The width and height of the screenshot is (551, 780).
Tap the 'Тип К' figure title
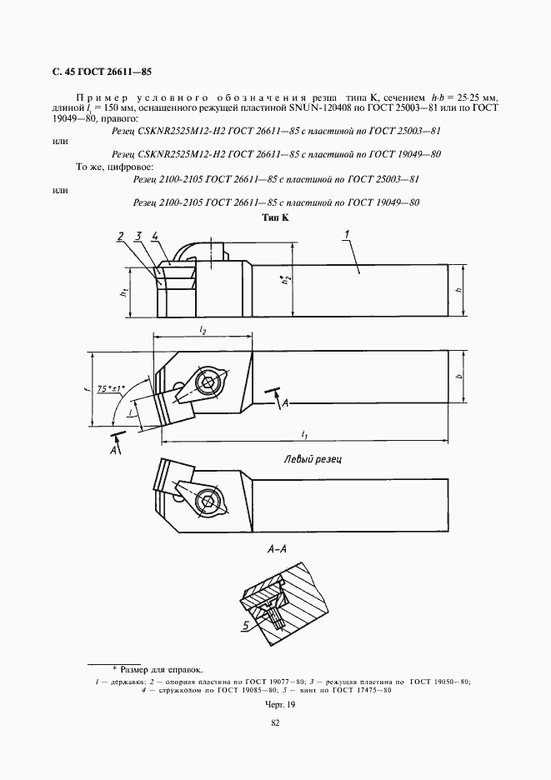tap(276, 217)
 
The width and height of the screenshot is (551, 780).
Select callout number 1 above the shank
tap(348, 236)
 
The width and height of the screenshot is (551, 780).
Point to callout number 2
tap(121, 236)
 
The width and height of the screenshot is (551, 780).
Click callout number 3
tap(138, 236)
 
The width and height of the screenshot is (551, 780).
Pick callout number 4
tap(155, 236)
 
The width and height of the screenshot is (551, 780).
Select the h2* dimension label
tap(285, 283)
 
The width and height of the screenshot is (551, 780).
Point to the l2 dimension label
tap(203, 331)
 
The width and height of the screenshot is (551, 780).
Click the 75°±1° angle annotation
tap(113, 389)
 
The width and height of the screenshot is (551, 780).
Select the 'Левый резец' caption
tap(314, 458)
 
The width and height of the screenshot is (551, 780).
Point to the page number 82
tap(275, 723)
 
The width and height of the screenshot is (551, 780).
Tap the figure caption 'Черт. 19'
tap(276, 705)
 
